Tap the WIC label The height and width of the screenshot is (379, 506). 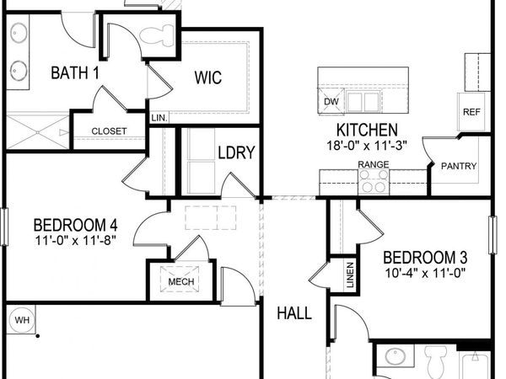pos(208,78)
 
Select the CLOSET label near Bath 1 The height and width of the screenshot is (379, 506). pos(109,131)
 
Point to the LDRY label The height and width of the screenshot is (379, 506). pos(236,153)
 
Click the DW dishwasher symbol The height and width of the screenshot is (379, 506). pos(331,102)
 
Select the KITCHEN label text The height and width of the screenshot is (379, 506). pos(367,131)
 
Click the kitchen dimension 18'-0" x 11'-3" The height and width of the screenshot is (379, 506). pos(367,145)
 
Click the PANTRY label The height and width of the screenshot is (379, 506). pos(459,166)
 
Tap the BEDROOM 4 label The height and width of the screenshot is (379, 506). pos(75,225)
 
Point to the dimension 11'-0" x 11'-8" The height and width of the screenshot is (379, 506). pos(75,241)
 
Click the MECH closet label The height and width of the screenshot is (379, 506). pos(181,282)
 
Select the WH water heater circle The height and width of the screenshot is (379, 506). pos(21,320)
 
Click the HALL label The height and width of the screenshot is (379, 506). pos(294,313)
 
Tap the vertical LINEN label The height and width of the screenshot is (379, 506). pos(350,275)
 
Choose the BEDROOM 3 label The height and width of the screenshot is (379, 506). pos(425,257)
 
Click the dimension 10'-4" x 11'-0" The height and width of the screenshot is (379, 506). pos(425,273)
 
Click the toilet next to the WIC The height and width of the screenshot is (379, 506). pos(157,35)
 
